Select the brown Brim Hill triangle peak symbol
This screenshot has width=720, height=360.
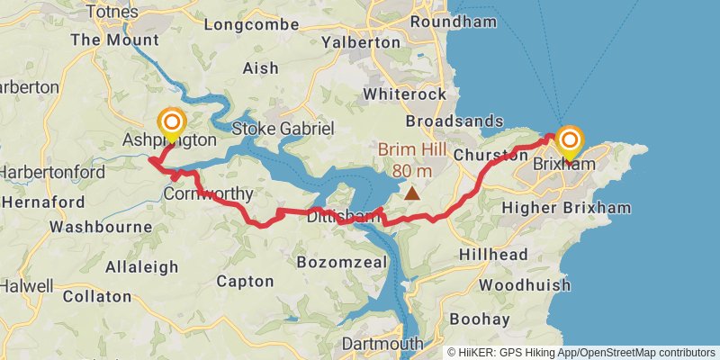coord(412,193)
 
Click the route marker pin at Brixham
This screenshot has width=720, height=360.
coord(570,141)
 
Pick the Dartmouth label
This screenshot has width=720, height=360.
coord(382,344)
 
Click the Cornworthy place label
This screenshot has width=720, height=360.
coord(209,193)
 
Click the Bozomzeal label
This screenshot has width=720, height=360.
coord(341,262)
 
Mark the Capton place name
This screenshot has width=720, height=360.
coord(245,281)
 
